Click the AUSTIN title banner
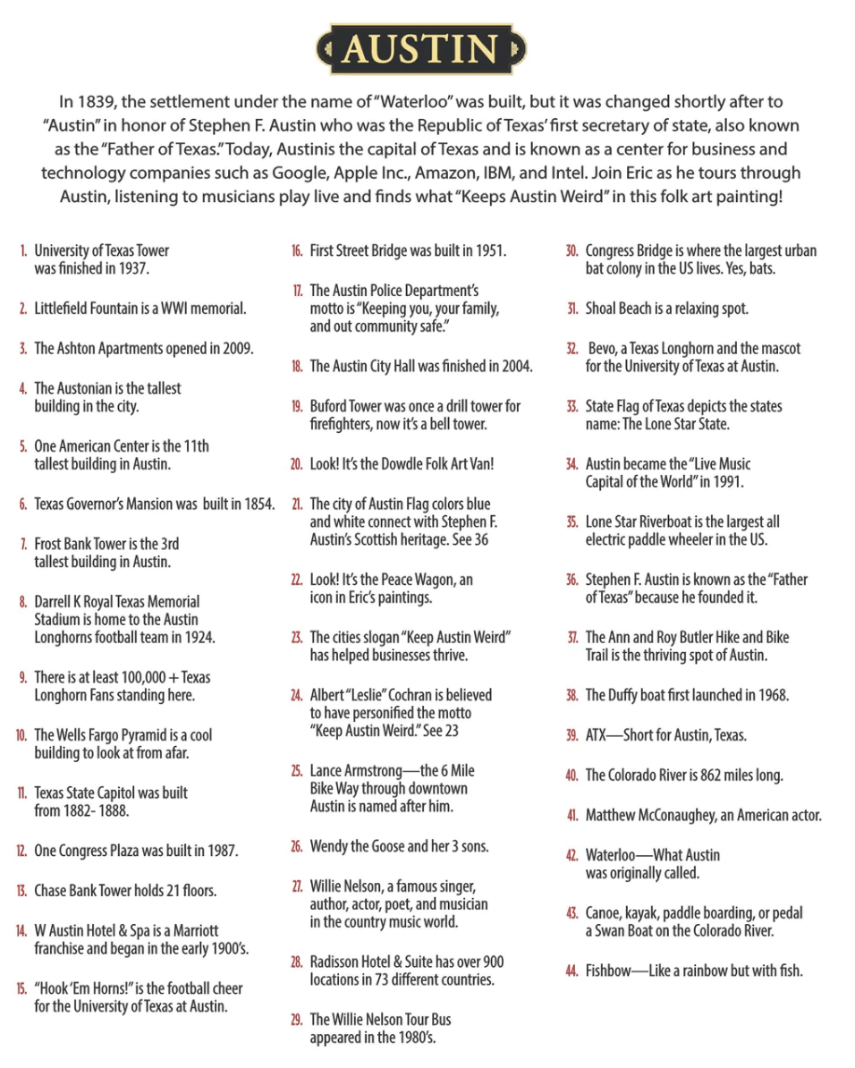(421, 49)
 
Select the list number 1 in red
(23, 251)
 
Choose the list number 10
(21, 735)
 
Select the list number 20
(296, 464)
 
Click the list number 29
(296, 1020)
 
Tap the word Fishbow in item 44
(610, 971)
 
